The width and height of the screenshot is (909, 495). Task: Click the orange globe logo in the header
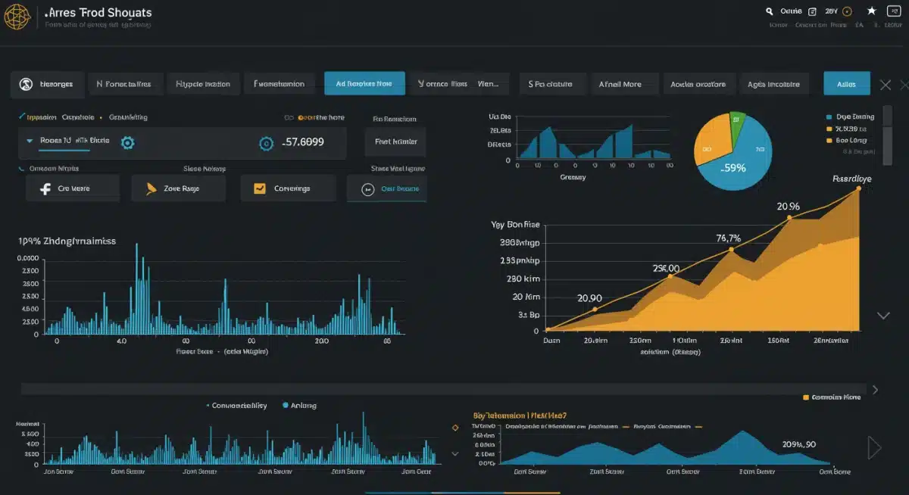[17, 17]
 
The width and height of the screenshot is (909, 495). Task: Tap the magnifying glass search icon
[770, 11]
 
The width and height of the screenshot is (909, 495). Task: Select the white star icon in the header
[871, 11]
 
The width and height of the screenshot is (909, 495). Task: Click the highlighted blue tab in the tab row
[364, 83]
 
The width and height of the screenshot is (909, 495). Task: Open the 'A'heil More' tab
[620, 84]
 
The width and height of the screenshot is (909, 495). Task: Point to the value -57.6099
[303, 142]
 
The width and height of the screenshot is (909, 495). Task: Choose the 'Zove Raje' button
[179, 188]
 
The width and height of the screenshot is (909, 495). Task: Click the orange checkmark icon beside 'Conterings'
[260, 188]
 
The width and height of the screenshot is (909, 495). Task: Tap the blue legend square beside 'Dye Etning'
[829, 117]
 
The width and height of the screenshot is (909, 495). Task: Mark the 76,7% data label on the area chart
[728, 238]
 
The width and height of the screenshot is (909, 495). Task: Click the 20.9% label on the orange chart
[788, 206]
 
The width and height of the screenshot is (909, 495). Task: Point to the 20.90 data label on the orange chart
[589, 297]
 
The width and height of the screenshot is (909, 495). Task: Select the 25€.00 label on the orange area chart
[666, 268]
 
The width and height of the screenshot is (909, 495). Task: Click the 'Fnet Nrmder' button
[395, 142]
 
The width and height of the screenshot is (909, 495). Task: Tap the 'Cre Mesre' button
[73, 188]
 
